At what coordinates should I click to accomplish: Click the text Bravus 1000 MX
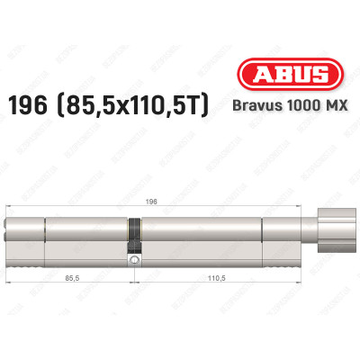(290, 107)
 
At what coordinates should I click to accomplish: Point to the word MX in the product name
(334, 107)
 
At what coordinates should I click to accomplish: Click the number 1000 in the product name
(301, 107)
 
